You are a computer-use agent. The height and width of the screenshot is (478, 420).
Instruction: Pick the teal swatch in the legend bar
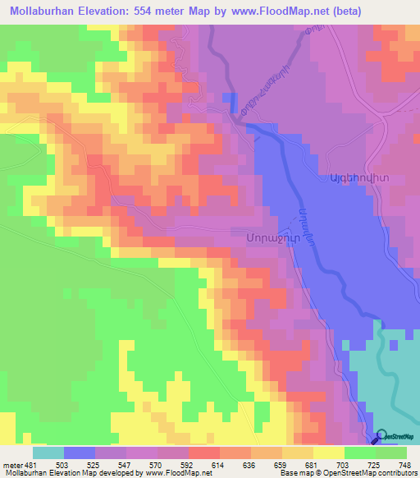point(48,453)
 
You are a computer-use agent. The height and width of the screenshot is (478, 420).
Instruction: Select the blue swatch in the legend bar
point(79,453)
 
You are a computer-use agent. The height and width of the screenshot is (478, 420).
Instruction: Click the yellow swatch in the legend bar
point(328,453)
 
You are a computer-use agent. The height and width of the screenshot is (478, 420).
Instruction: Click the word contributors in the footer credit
point(392,473)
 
